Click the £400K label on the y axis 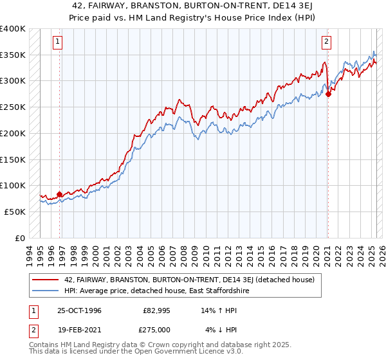click(13, 29)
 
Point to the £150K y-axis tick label click(13, 159)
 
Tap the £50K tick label click(15, 212)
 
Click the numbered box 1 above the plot click(57, 42)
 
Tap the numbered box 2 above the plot click(326, 42)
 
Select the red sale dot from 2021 click(328, 94)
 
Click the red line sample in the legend click(45, 280)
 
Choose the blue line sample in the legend click(45, 291)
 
